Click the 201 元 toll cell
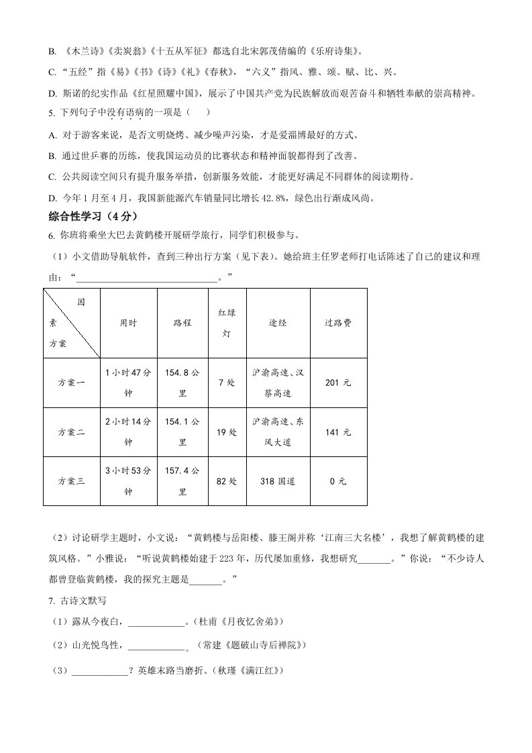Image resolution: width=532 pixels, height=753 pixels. click(x=338, y=383)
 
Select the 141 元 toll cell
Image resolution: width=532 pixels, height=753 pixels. click(x=338, y=432)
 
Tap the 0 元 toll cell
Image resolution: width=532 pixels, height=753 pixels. click(x=338, y=481)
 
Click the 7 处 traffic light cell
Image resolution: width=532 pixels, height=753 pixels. click(x=227, y=383)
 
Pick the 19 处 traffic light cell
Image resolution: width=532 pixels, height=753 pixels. click(x=227, y=432)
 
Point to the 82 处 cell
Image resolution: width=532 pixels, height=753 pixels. click(x=227, y=481)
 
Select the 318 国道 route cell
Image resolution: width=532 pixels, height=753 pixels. click(x=278, y=481)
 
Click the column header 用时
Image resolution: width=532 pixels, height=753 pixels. click(x=128, y=323)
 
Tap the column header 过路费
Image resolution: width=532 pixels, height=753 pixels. click(x=338, y=323)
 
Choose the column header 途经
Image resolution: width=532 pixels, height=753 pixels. click(x=278, y=323)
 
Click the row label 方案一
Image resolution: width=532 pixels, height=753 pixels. click(x=72, y=383)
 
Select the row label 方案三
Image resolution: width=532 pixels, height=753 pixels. click(x=72, y=481)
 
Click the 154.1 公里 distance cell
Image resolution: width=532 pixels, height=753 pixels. click(x=182, y=432)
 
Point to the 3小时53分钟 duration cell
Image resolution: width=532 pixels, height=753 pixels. click(x=128, y=481)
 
